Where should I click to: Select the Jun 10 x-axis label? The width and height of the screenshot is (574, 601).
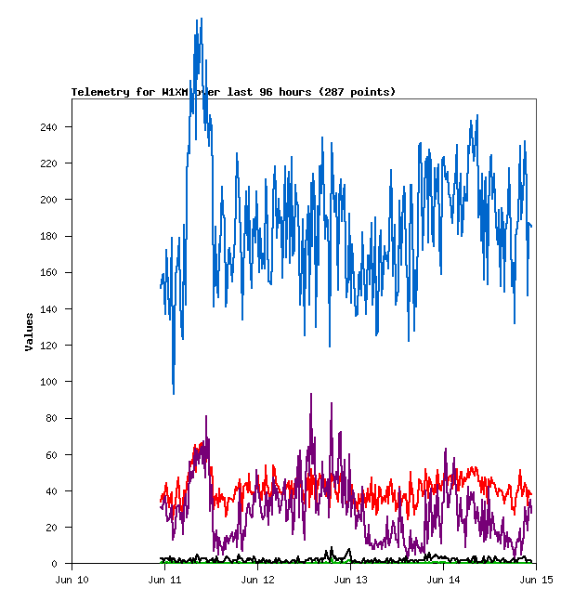tap(72, 581)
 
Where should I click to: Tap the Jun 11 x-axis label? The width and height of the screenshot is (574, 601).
tap(165, 581)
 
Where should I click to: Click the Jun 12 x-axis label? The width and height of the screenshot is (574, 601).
tap(258, 581)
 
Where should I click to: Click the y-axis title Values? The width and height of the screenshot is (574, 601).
tap(30, 332)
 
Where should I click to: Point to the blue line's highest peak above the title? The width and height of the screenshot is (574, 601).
tap(199, 20)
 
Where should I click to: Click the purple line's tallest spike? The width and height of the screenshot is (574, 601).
tap(310, 394)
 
